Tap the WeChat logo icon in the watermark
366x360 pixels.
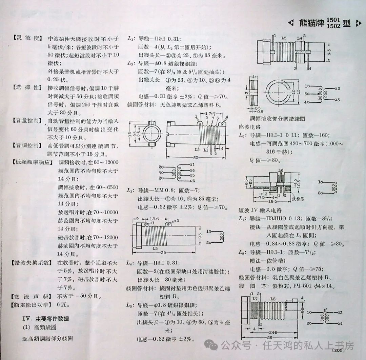point(213,346)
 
